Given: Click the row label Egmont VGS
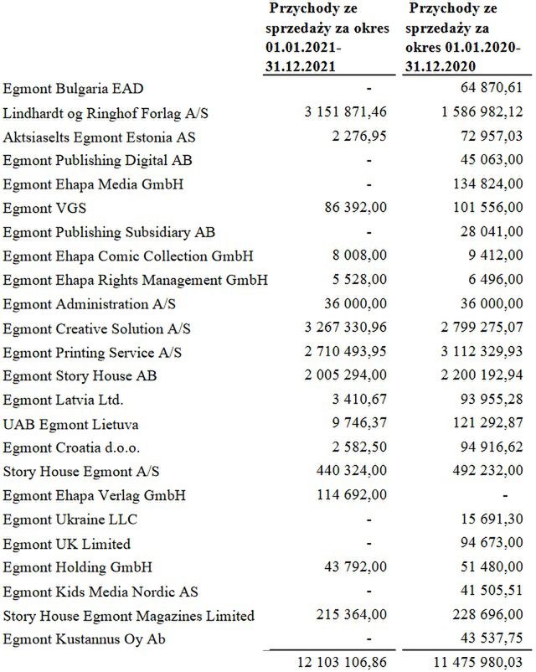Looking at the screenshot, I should [39, 208].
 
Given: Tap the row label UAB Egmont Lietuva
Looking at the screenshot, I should [59, 400].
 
